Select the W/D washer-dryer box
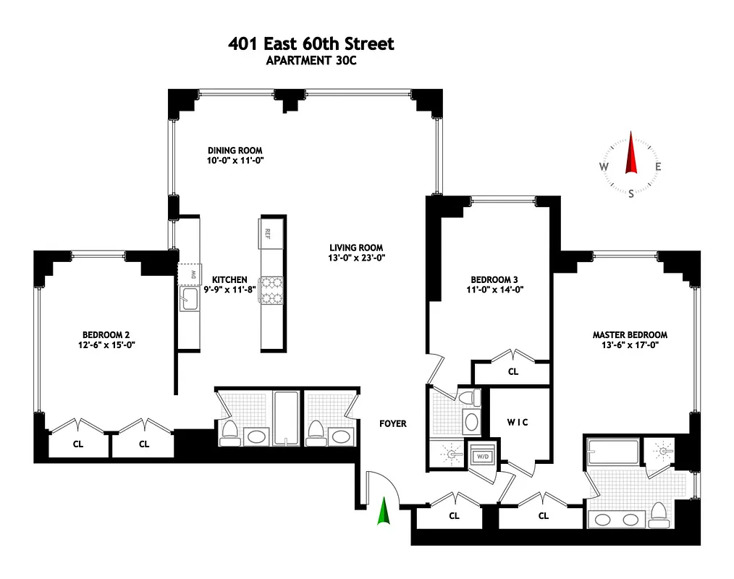(481, 457)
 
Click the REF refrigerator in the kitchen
(267, 234)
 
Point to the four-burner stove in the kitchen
(271, 289)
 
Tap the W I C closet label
(517, 423)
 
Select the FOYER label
(393, 423)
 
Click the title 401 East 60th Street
(311, 44)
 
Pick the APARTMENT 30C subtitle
(311, 61)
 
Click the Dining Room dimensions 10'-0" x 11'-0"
(235, 161)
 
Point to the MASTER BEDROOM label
(630, 335)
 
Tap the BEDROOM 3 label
(494, 279)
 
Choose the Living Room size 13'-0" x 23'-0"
(356, 258)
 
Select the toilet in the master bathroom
(659, 513)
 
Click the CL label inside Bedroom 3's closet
(513, 372)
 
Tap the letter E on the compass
(658, 167)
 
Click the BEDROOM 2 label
(106, 334)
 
